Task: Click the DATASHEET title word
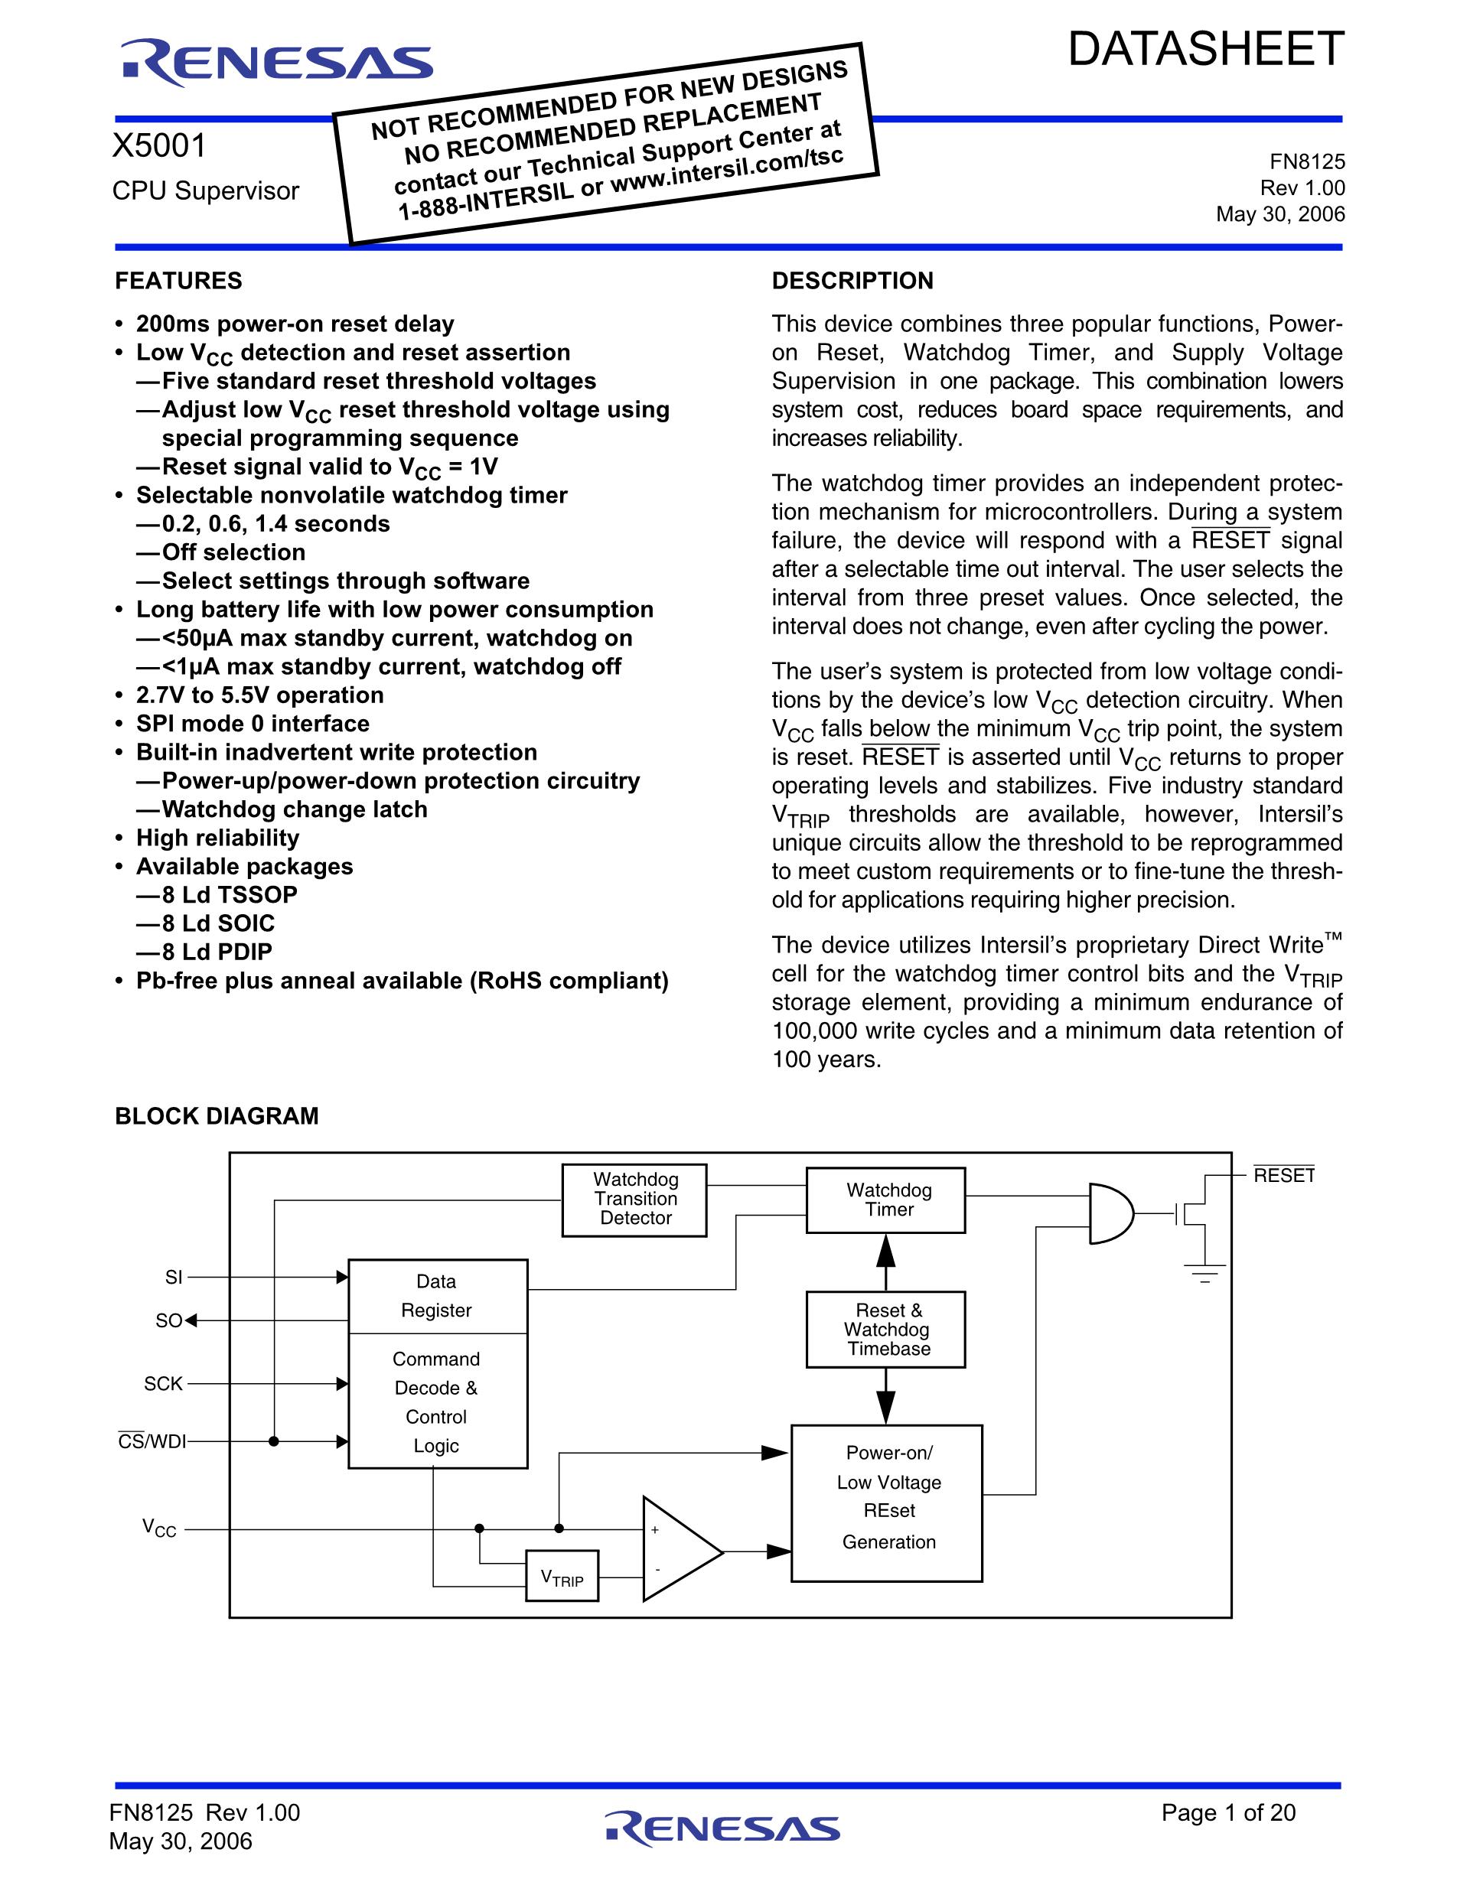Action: pyautogui.click(x=1206, y=49)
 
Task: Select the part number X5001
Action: pyautogui.click(x=160, y=146)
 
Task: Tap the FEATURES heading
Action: pyautogui.click(x=178, y=281)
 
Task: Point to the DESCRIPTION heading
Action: pyautogui.click(x=852, y=281)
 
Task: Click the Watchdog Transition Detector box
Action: pyautogui.click(x=634, y=1199)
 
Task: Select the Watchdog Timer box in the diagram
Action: pyautogui.click(x=885, y=1200)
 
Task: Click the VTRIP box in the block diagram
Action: pyautogui.click(x=562, y=1576)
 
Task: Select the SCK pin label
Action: pyautogui.click(x=163, y=1384)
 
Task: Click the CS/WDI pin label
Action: pyautogui.click(x=152, y=1441)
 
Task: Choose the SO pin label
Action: pyautogui.click(x=168, y=1320)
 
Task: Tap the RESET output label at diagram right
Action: pyautogui.click(x=1283, y=1176)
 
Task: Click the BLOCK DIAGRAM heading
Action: pyautogui.click(x=217, y=1116)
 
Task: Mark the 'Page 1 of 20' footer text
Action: pyautogui.click(x=1228, y=1812)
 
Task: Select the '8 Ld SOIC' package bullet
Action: pyautogui.click(x=217, y=923)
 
